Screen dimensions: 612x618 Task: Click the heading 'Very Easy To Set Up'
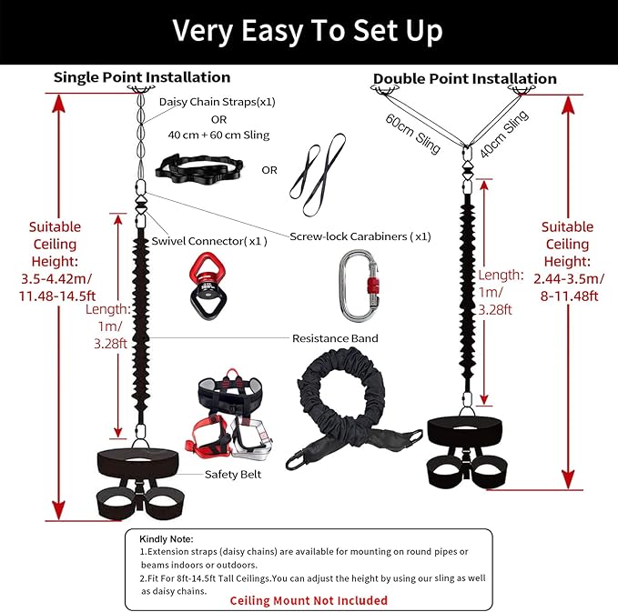pyautogui.click(x=308, y=31)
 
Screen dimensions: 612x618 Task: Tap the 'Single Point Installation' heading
pyautogui.click(x=142, y=77)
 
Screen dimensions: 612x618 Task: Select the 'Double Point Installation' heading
pyautogui.click(x=464, y=79)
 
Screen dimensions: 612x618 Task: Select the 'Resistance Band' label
pyautogui.click(x=335, y=338)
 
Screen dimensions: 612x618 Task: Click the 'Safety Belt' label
pyautogui.click(x=231, y=474)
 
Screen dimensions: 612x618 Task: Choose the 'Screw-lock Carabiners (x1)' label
pyautogui.click(x=360, y=236)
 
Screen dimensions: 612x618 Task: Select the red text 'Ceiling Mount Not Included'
pyautogui.click(x=309, y=600)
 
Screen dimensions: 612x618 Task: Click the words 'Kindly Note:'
pyautogui.click(x=167, y=539)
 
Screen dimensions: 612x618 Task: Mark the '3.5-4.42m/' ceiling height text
pyautogui.click(x=55, y=279)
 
